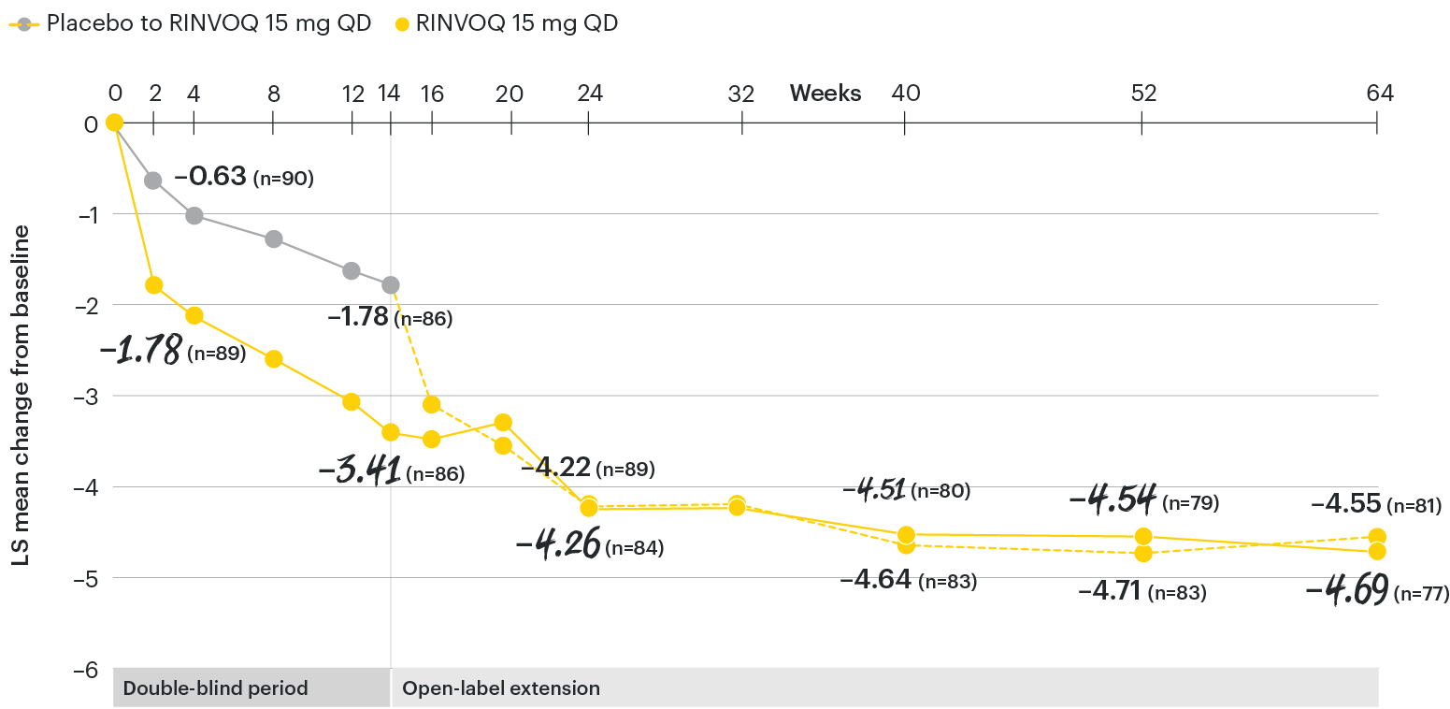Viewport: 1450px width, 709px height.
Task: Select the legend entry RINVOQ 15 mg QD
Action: (506, 24)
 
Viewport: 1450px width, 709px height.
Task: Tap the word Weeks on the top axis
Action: (825, 94)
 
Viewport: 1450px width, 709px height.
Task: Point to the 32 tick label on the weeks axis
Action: (741, 94)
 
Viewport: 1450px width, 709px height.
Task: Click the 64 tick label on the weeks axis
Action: (1379, 94)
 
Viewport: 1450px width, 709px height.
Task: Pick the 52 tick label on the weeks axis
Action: (1143, 94)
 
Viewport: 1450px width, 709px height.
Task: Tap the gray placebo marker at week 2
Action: (153, 181)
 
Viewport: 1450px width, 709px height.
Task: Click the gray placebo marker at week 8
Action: (274, 239)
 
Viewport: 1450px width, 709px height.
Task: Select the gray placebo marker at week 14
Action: (391, 284)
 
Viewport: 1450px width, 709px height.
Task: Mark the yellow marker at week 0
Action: (114, 123)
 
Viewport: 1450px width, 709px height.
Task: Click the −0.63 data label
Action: (210, 177)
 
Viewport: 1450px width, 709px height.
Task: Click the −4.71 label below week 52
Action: (1108, 592)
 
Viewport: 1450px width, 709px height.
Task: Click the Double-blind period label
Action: (216, 689)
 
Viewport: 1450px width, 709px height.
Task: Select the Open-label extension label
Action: (501, 689)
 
